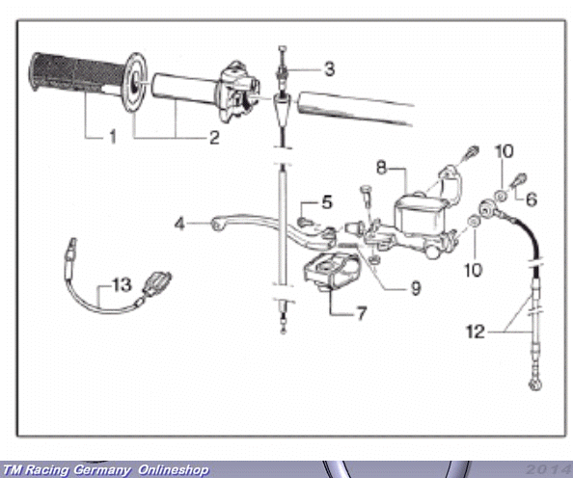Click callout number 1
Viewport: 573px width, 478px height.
(113, 137)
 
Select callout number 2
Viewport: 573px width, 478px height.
(214, 137)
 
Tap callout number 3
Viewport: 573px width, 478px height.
(329, 68)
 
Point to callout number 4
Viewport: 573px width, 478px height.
(179, 224)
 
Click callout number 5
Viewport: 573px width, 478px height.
(327, 202)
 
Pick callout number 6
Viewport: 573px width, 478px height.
(532, 199)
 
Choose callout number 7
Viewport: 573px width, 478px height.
(362, 313)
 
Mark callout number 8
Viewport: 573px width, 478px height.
(381, 168)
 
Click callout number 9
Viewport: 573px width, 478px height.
(416, 288)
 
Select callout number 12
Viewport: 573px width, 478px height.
(476, 332)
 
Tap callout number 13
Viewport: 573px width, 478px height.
(122, 284)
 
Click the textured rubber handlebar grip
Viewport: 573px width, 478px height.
(78, 75)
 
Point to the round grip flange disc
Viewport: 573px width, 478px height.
(135, 82)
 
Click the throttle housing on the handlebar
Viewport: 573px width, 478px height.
(239, 92)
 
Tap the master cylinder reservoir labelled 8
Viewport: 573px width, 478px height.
(421, 212)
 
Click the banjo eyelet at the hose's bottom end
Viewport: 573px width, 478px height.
(535, 385)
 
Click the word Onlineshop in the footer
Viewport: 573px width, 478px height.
(174, 469)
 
